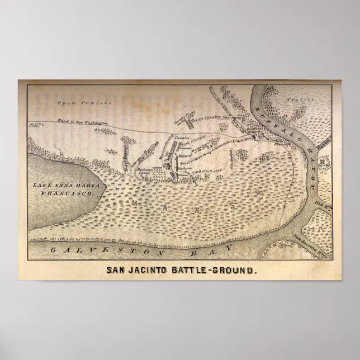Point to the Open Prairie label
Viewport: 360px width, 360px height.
click(x=85, y=103)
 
